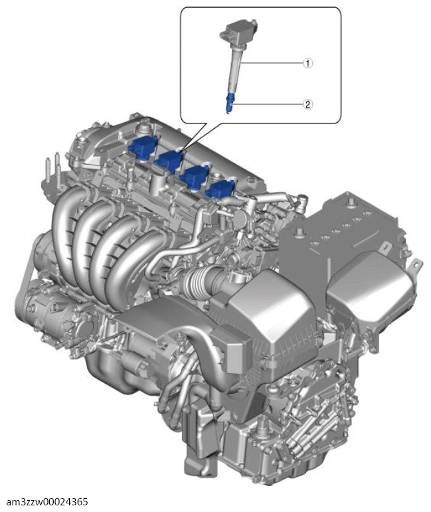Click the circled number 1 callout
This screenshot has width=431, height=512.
307,63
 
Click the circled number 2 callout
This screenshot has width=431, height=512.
307,104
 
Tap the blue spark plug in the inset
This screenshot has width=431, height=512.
230,104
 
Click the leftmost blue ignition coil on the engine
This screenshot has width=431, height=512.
142,147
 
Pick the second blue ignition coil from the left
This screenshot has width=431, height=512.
169,161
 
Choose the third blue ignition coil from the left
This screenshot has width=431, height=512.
196,175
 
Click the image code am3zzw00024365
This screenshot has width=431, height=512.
48,501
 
